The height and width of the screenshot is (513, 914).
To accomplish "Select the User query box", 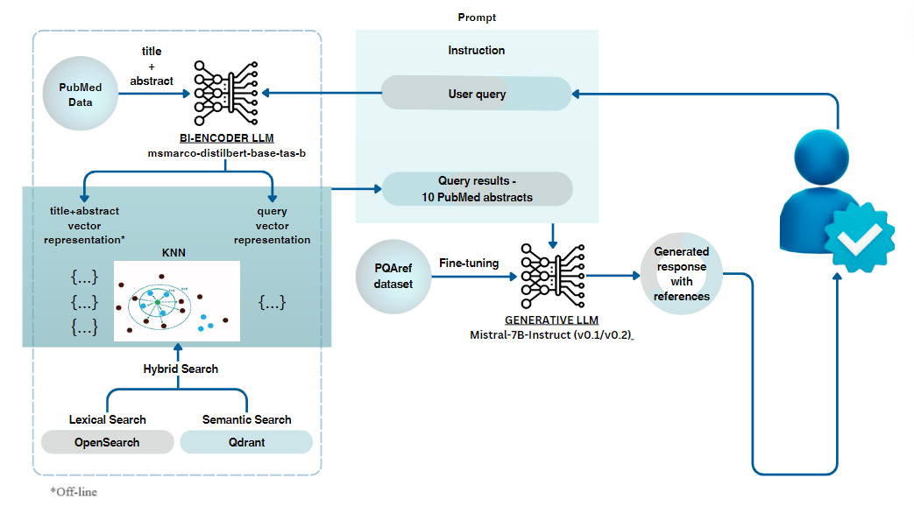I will pos(477,94).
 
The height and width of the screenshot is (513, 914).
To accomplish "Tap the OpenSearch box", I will pos(107,442).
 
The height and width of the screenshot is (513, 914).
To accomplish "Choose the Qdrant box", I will pos(246,442).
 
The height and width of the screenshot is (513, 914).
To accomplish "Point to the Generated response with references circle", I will pos(681,274).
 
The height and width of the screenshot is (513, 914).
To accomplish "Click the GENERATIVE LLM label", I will pos(551,320).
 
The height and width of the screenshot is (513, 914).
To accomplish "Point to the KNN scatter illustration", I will pos(176,300).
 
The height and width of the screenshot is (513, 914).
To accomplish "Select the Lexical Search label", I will pos(107,419).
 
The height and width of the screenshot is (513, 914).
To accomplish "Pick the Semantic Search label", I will pos(246,419).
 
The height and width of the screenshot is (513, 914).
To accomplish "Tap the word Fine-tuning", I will pos(470,263).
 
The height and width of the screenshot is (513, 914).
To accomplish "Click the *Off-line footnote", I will pos(74,492).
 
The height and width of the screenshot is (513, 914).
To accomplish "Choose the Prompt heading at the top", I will pos(477,18).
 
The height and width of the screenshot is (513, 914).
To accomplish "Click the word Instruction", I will pos(477,51).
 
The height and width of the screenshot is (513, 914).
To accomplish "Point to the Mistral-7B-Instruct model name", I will pos(551,335).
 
